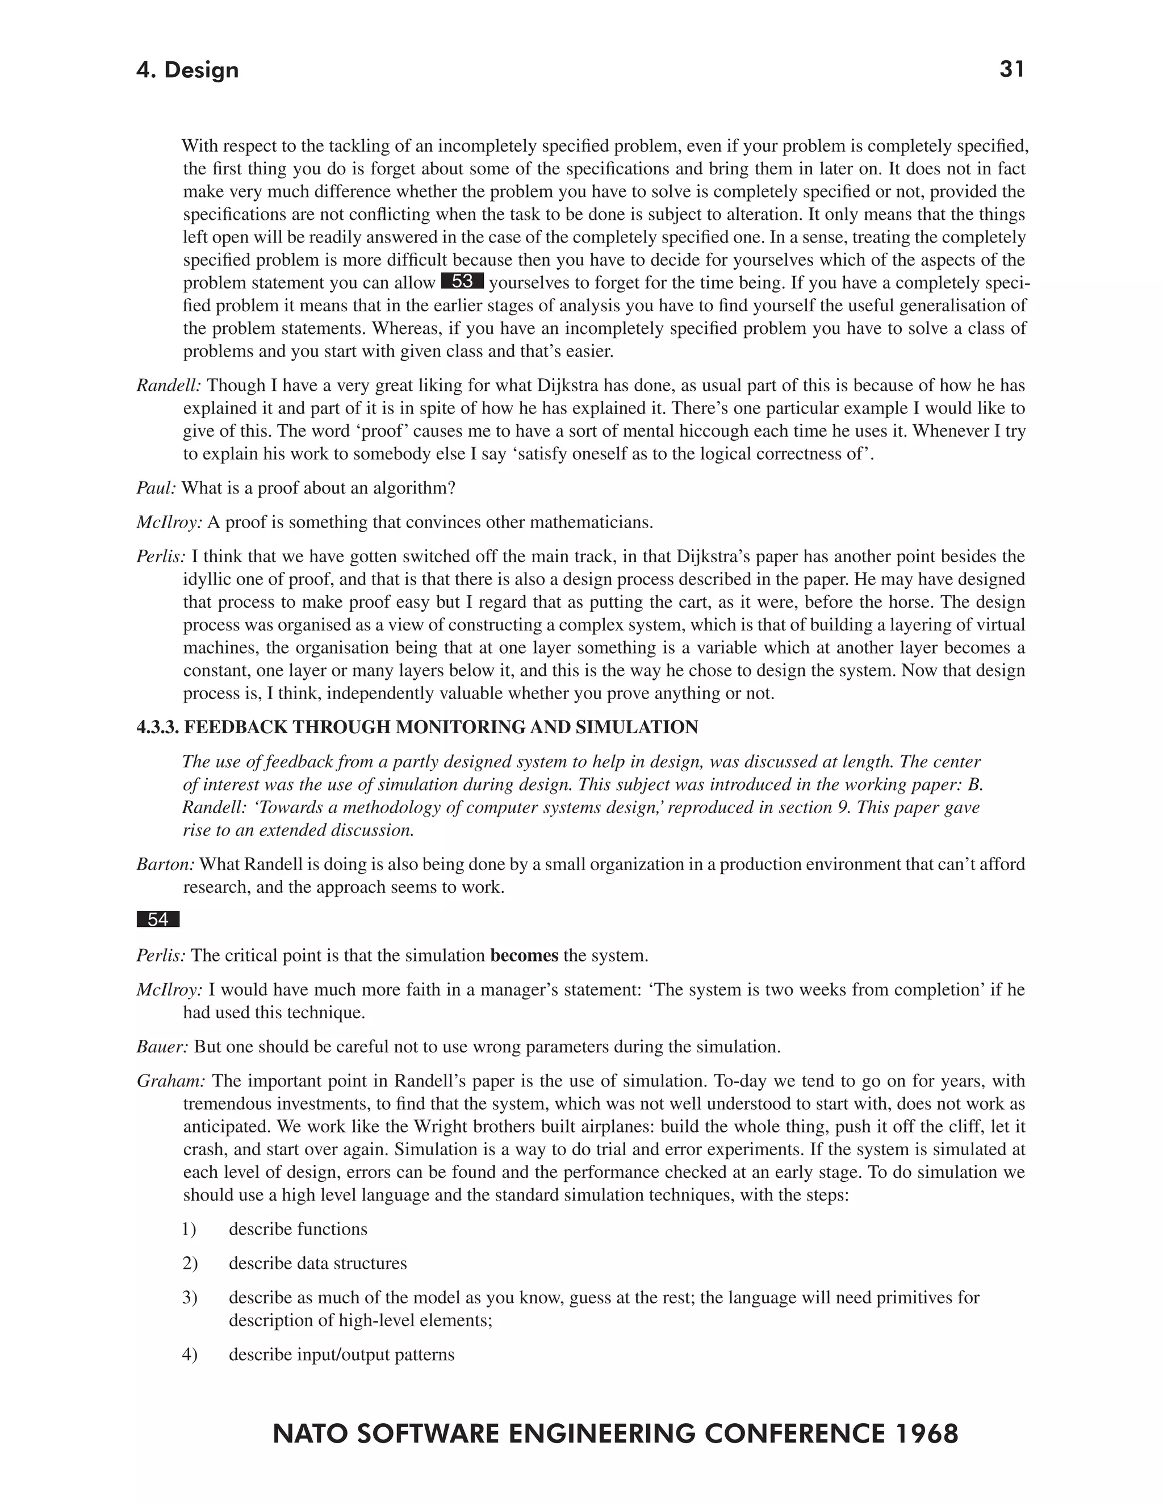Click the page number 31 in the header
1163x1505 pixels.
click(1011, 70)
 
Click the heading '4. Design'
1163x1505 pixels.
click(187, 70)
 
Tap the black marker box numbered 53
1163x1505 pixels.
click(462, 282)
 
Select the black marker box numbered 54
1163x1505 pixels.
click(158, 919)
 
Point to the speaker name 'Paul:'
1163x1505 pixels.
click(156, 488)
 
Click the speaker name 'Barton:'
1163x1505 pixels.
click(165, 864)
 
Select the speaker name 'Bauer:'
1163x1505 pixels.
click(162, 1047)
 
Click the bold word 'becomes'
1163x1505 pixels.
click(524, 956)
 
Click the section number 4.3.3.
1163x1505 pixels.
click(158, 728)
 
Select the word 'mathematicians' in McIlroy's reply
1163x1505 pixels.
click(592, 522)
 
